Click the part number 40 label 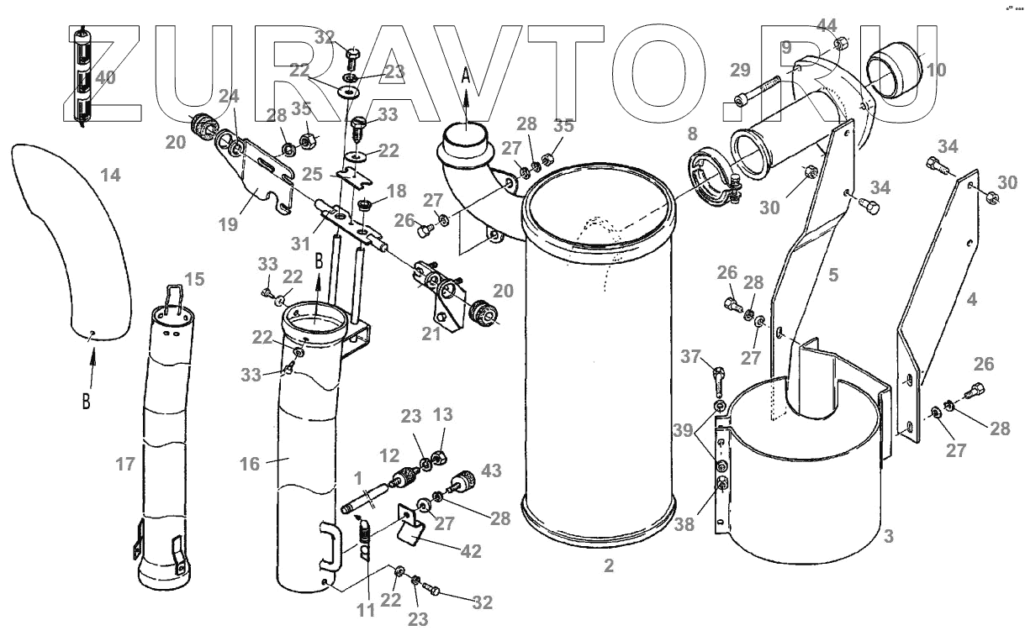105,78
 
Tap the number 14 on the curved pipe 110,175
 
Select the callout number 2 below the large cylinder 609,566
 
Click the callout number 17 124,463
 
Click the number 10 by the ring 936,70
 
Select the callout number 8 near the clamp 692,134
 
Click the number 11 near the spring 364,609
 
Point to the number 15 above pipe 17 194,278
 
